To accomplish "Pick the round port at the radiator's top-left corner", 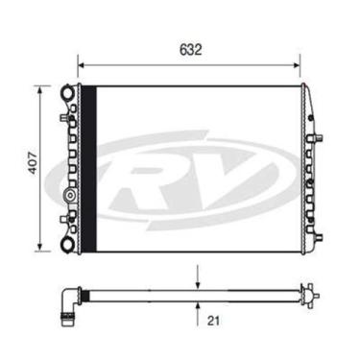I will pyautogui.click(x=67, y=93).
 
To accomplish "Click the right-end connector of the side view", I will pyautogui.click(x=309, y=294).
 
